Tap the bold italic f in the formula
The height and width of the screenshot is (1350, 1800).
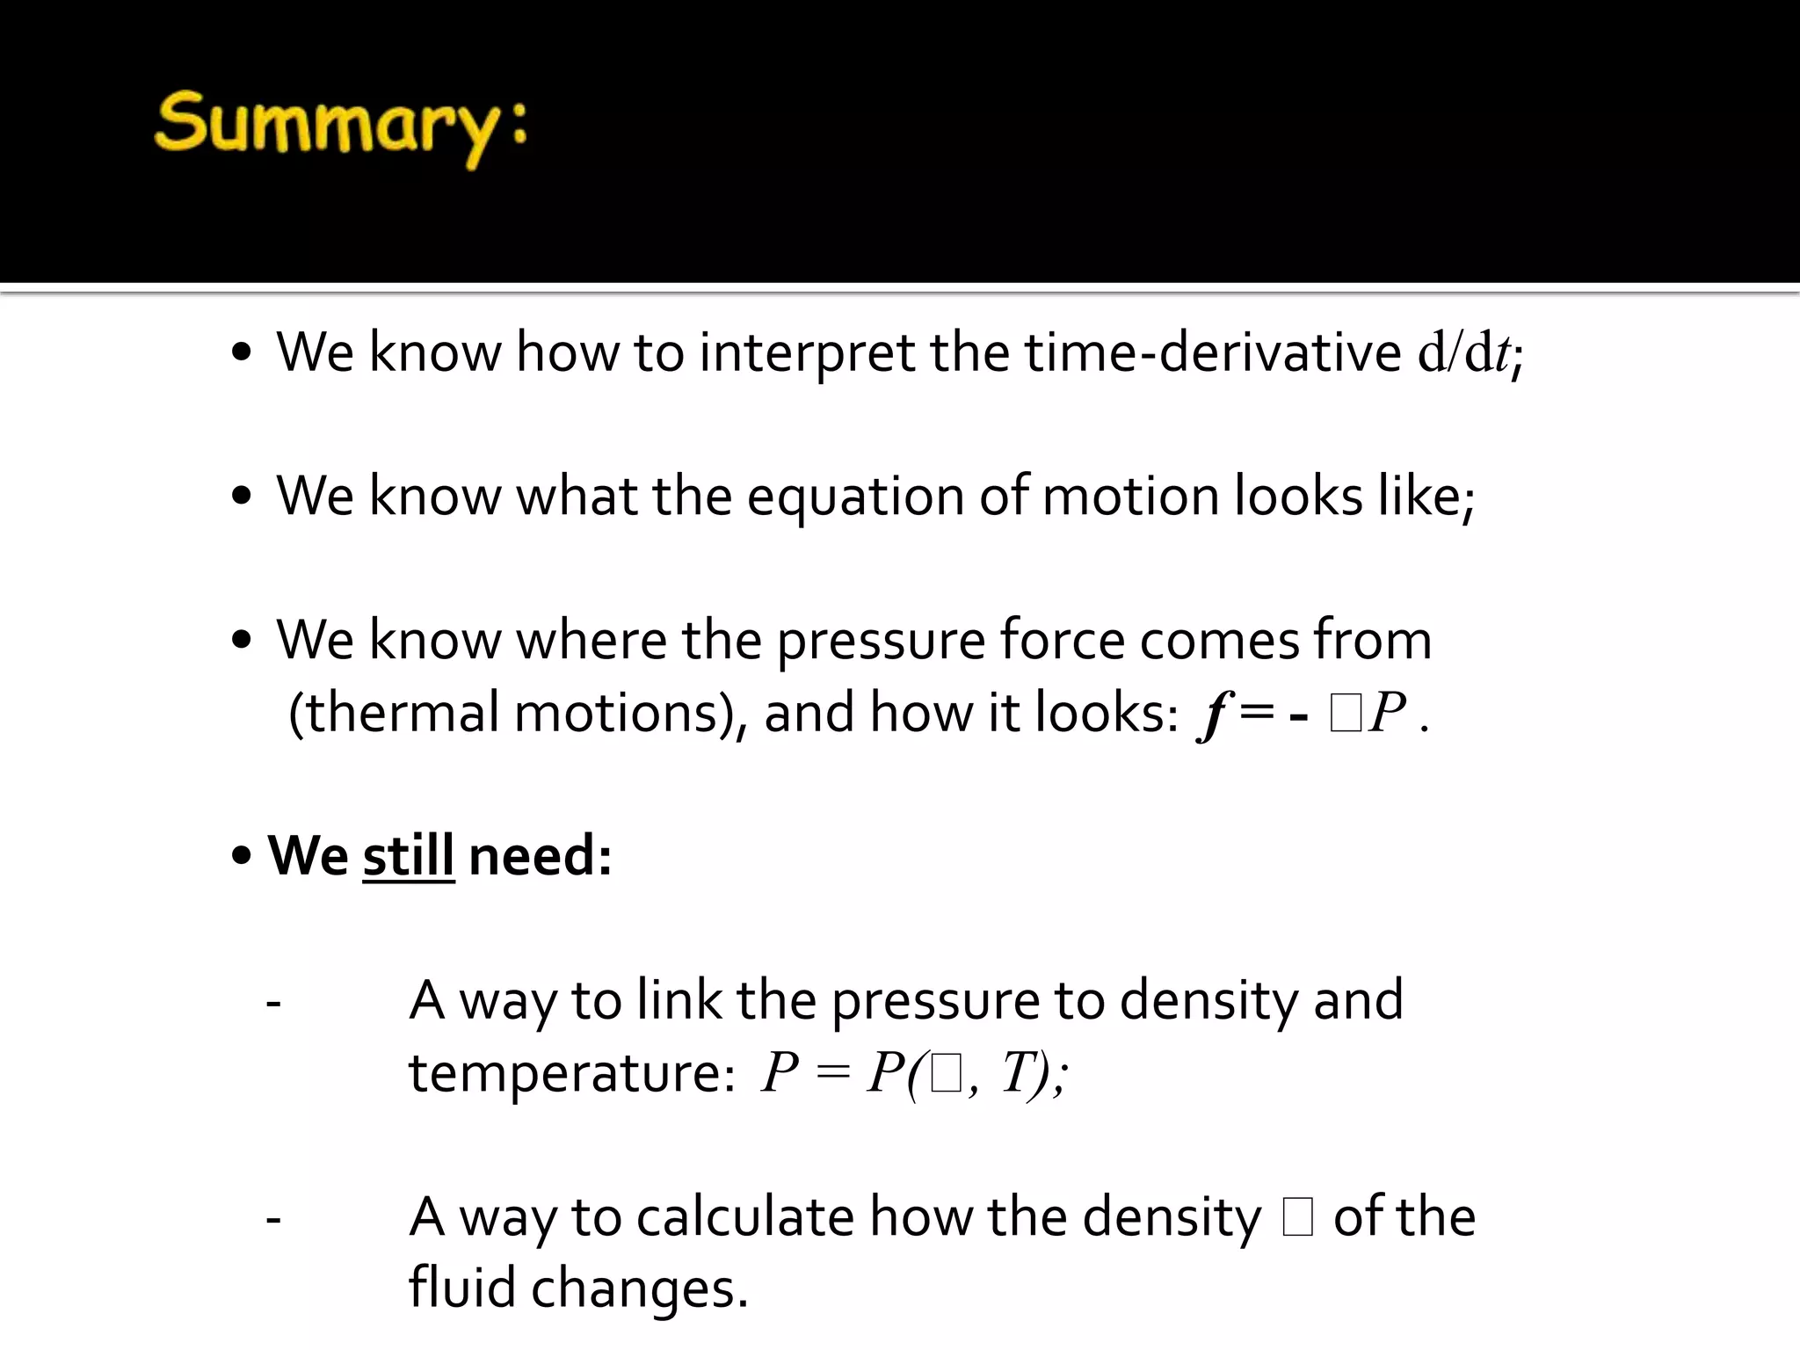click(x=1214, y=714)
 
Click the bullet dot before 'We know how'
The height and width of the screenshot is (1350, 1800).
click(x=242, y=353)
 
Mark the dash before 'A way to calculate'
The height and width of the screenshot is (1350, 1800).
click(x=273, y=1218)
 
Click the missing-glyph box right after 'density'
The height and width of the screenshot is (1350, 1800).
click(x=1298, y=1219)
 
